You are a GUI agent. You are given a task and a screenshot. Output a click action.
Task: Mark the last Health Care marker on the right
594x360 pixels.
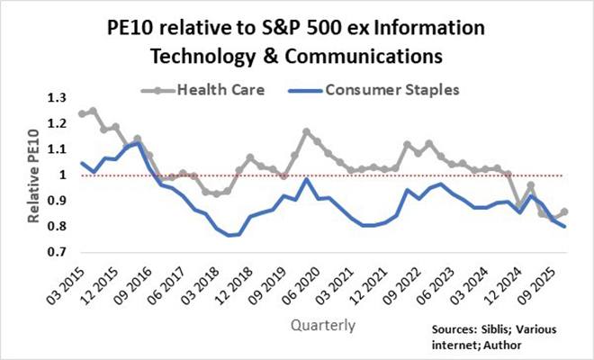pos(564,211)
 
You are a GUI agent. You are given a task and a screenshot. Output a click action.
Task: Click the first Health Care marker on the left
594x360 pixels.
pos(82,114)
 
